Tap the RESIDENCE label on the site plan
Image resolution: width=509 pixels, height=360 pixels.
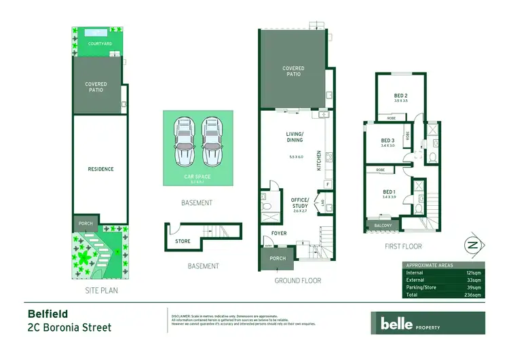pyautogui.click(x=100, y=169)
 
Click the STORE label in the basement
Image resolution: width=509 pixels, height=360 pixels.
pyautogui.click(x=182, y=240)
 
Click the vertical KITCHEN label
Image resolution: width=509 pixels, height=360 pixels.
pyautogui.click(x=319, y=160)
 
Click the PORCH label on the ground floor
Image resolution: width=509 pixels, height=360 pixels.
pyautogui.click(x=278, y=258)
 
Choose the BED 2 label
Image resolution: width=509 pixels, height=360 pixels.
pyautogui.click(x=400, y=96)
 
